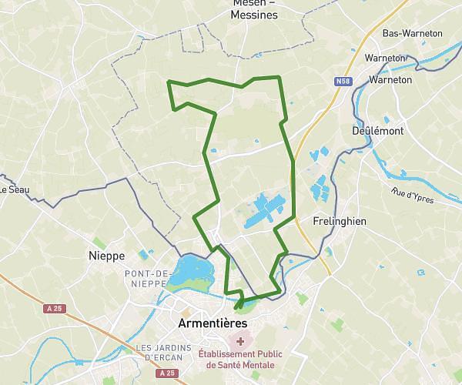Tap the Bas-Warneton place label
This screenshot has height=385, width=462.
[x=413, y=34]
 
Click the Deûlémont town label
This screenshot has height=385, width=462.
[x=378, y=131]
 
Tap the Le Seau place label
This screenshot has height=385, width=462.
[x=13, y=189]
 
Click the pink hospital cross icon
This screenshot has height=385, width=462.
[x=241, y=341]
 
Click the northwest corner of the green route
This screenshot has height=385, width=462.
[x=168, y=82]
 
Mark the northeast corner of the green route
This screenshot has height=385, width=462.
[x=279, y=77]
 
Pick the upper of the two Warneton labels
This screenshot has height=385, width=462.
[x=385, y=58]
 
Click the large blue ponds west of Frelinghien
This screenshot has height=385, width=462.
[x=266, y=209]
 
